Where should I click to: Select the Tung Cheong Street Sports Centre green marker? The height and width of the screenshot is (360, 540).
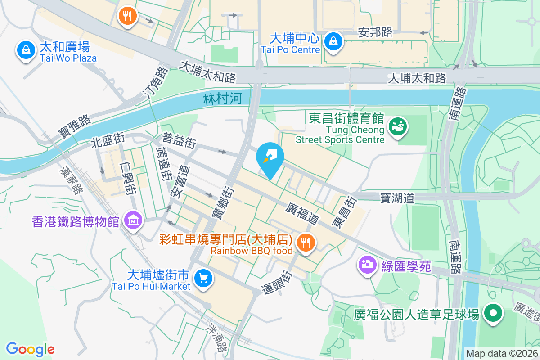click(397, 126)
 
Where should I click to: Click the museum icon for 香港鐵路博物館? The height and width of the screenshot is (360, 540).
click(133, 220)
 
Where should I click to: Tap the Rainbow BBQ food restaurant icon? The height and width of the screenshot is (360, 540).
click(306, 243)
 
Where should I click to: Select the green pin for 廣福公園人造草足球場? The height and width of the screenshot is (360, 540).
click(493, 313)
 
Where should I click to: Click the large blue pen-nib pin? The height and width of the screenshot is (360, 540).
click(270, 157)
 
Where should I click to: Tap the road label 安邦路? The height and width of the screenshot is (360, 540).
click(375, 32)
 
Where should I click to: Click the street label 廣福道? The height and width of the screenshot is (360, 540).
click(303, 213)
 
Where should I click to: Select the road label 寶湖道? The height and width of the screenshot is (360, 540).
click(397, 198)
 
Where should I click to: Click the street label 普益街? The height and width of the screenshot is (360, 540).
click(180, 140)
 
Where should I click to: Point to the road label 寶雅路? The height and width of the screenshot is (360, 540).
click(75, 126)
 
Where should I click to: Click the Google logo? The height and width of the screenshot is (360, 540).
click(30, 349)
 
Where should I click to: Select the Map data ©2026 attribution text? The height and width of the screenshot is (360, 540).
click(502, 353)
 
